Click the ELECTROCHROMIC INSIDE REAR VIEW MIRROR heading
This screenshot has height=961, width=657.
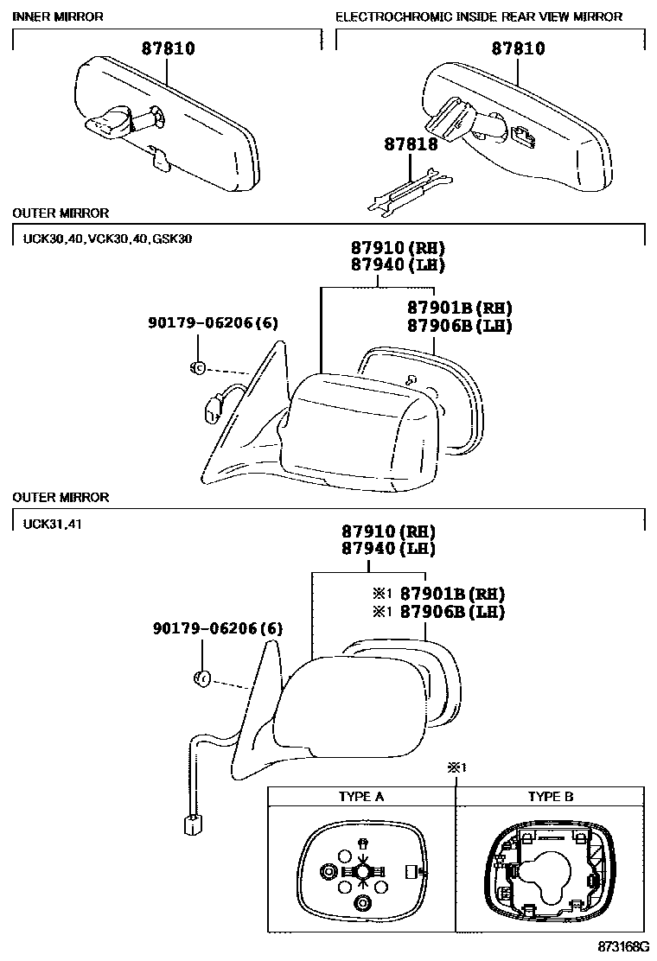(478, 16)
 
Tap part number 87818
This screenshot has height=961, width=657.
(411, 145)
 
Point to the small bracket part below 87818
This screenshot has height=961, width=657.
(410, 194)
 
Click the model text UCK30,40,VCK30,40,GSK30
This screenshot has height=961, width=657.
(102, 239)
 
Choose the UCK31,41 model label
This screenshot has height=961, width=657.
(48, 523)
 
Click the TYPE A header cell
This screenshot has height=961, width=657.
(360, 797)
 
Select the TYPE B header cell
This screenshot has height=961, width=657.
(551, 797)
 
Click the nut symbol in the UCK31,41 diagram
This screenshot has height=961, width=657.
(200, 678)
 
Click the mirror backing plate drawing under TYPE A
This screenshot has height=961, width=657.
(362, 875)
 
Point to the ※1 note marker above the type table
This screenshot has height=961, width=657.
(456, 767)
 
